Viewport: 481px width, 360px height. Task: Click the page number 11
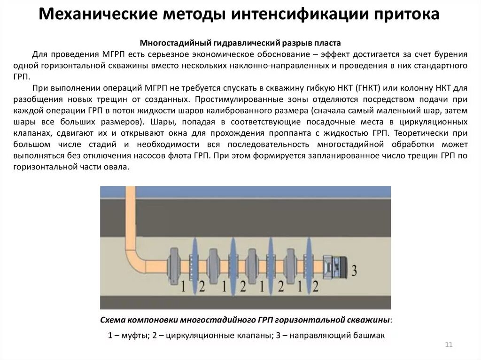448,345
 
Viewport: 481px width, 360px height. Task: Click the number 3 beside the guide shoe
355,270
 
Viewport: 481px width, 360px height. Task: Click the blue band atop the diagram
245,191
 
